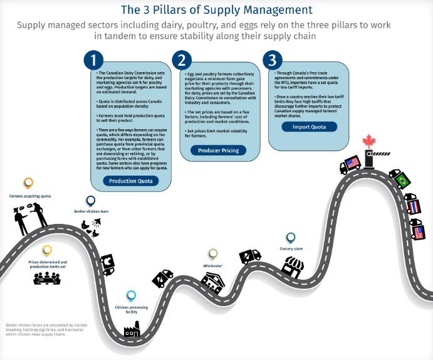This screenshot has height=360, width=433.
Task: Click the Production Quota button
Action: pyautogui.click(x=130, y=181)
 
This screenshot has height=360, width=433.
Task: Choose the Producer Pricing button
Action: pyautogui.click(x=218, y=151)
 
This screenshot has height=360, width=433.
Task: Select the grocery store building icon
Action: pyautogui.click(x=292, y=267)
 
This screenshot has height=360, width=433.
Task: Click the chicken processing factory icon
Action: pyautogui.click(x=132, y=329)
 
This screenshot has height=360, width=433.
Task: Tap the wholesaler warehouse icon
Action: pyautogui.click(x=214, y=282)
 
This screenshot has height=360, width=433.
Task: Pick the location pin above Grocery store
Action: pyautogui.click(x=291, y=238)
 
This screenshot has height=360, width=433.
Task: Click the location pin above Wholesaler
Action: pyautogui.click(x=213, y=254)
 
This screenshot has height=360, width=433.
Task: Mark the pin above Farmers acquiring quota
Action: pyautogui.click(x=28, y=184)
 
